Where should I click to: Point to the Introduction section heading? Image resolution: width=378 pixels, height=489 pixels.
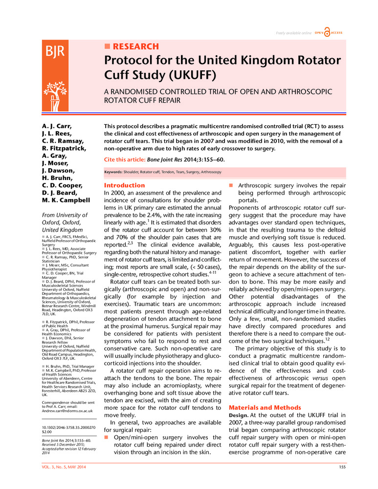pyautogui.click(x=125, y=186)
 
